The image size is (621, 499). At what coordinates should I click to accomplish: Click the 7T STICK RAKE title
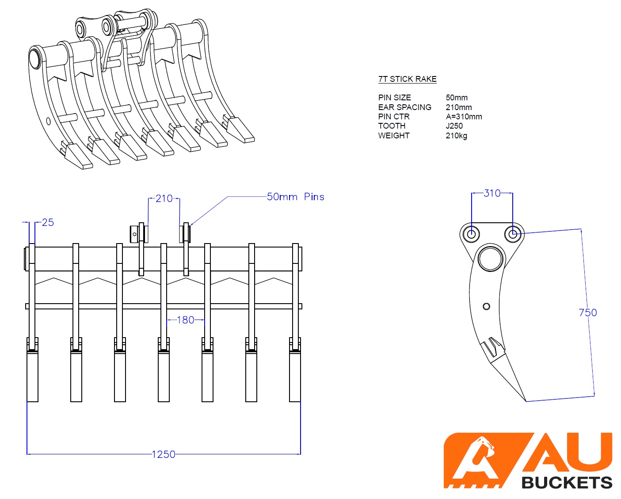click(407, 79)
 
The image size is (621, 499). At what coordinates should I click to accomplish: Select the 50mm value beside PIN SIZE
click(457, 98)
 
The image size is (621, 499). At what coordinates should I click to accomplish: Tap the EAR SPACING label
click(404, 107)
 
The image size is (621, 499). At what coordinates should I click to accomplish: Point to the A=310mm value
click(464, 117)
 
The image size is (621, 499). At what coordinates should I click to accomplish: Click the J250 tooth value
click(454, 126)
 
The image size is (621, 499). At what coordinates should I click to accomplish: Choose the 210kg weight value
click(456, 136)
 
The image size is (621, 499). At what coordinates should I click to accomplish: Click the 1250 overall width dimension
click(164, 454)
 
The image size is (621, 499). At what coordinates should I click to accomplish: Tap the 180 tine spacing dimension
click(185, 320)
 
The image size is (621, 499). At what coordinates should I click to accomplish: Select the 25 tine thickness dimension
click(48, 223)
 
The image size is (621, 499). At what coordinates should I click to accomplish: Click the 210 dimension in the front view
click(164, 199)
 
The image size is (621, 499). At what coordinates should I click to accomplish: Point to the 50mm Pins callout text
click(295, 197)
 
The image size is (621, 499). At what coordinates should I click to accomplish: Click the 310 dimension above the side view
click(492, 193)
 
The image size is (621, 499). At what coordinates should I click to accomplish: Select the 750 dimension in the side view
click(587, 313)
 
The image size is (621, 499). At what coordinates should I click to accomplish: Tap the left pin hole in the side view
click(472, 233)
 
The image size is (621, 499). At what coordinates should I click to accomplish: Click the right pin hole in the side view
click(513, 233)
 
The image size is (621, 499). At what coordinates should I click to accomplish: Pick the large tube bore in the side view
click(491, 258)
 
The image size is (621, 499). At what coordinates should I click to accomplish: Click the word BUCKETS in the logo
click(567, 482)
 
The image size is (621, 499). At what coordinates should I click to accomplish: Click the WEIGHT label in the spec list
click(394, 136)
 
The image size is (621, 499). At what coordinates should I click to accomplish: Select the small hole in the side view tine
click(486, 306)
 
